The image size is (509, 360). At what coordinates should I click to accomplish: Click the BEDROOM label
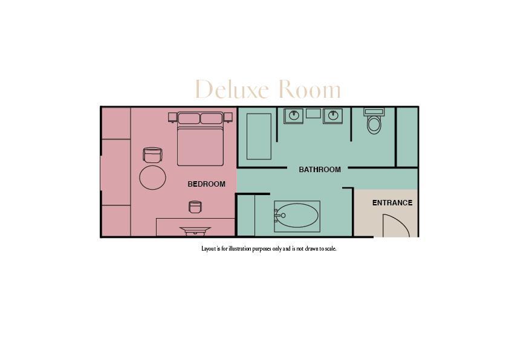206,184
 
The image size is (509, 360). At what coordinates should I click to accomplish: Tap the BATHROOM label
320,170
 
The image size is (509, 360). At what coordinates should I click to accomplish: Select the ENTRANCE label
392,203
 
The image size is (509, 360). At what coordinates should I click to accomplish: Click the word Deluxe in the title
232,90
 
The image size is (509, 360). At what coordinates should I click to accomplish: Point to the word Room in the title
309,90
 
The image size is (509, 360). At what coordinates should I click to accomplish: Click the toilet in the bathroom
374,124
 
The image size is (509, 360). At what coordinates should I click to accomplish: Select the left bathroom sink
294,115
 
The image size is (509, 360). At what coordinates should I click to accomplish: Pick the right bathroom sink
332,115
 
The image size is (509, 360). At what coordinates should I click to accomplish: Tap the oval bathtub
297,216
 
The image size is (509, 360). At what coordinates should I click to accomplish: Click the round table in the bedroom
152,177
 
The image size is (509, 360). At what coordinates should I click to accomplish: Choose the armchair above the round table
152,155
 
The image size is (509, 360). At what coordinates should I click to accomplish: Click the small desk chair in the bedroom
195,207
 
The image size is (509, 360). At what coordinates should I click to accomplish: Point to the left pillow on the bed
189,118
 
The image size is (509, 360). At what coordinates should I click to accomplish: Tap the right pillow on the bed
212,118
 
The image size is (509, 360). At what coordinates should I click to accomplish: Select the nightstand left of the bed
172,117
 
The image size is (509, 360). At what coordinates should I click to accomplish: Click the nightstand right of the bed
228,117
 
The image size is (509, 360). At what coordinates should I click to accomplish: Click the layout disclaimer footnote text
268,248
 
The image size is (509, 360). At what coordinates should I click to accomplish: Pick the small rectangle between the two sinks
313,113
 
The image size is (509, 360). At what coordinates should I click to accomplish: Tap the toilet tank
374,112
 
